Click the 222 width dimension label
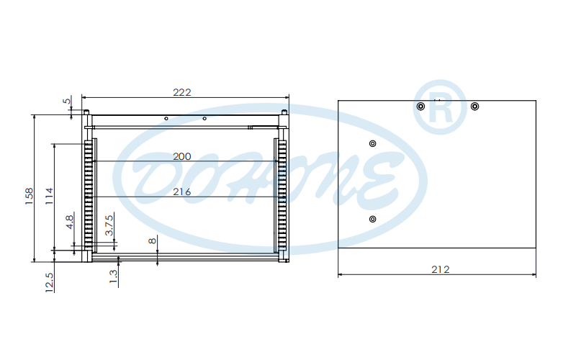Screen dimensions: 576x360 (182, 92)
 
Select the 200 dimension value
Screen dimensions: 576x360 (182, 156)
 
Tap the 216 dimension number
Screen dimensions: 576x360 (182, 192)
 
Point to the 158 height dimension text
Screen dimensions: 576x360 (30, 196)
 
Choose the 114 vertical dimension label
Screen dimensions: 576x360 (49, 196)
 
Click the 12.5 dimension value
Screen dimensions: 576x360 (49, 282)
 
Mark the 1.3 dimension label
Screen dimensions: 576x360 (114, 276)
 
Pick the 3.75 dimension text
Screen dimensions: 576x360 (109, 225)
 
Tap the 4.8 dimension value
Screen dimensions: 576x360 (69, 222)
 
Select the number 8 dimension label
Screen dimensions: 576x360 (152, 241)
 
